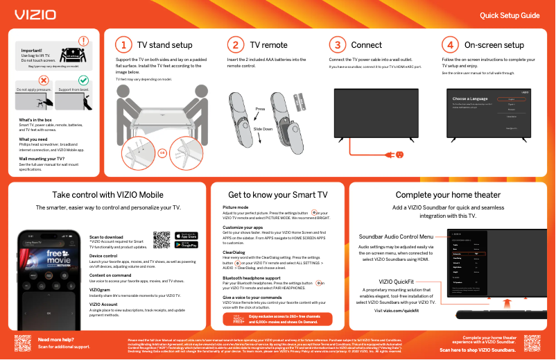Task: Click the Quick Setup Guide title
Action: (x=510, y=15)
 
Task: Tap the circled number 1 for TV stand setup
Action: (x=123, y=45)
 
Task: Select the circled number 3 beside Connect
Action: (x=337, y=45)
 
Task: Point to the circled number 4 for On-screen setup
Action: (x=450, y=45)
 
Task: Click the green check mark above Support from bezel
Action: (x=82, y=81)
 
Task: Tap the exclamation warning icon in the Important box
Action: (x=84, y=42)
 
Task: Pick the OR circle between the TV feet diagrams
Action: (x=162, y=152)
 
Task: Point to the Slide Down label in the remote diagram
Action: (x=263, y=130)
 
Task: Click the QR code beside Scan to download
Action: (x=162, y=239)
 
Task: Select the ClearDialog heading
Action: (x=234, y=252)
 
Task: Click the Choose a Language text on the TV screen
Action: (x=469, y=99)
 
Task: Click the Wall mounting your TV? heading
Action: (x=42, y=159)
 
